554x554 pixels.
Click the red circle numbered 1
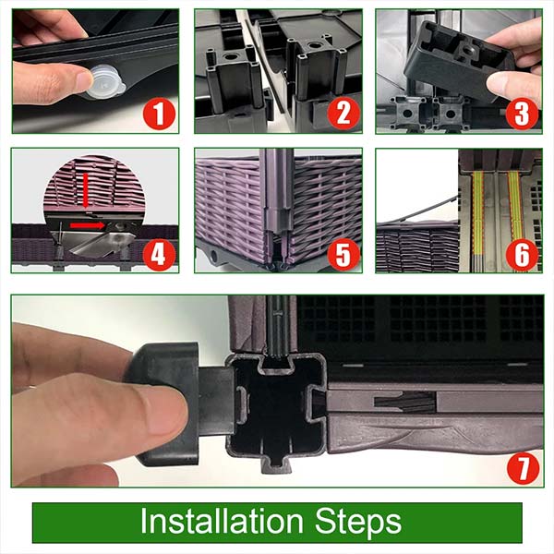point(159,114)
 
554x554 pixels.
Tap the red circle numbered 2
point(343,114)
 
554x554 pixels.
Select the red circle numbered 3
point(522,114)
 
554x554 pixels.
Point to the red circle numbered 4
point(159,255)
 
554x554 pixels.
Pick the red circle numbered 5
point(343,255)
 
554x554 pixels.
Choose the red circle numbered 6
point(522,255)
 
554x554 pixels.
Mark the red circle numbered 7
point(524,468)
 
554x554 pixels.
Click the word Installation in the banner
point(222,521)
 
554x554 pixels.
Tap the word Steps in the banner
point(358,523)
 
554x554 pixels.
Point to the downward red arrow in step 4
point(85,189)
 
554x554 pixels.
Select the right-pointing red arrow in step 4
point(88,225)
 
